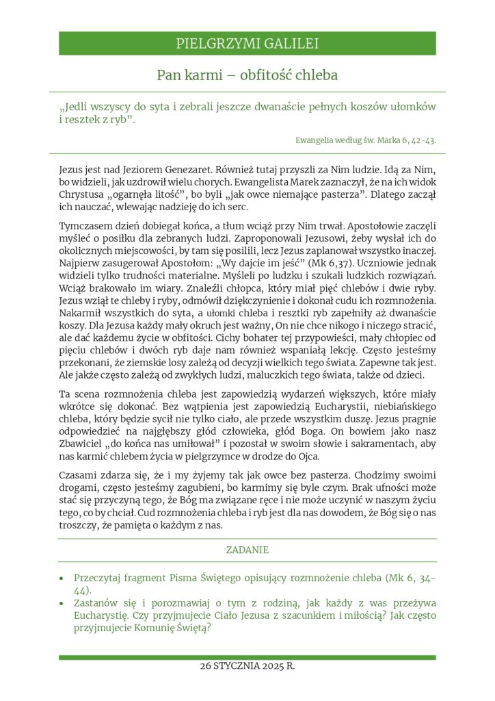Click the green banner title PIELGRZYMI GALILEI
coord(247,44)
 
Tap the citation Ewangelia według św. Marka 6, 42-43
coord(366,140)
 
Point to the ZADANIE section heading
coord(247,550)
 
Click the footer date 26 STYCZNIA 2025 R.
coord(247,665)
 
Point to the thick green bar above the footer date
coord(247,657)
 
